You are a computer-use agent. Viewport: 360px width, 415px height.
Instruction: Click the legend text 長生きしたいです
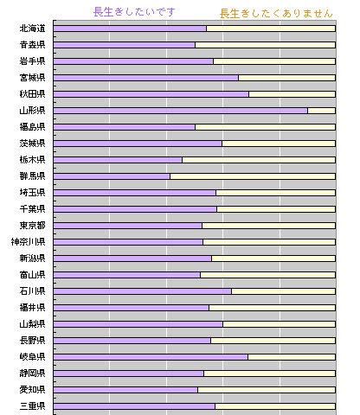point(134,12)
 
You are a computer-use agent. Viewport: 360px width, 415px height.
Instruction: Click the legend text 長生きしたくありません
point(276,14)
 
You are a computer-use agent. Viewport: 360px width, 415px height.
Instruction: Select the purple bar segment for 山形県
point(181,111)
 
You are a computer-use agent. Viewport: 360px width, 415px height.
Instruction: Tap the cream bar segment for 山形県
point(322,111)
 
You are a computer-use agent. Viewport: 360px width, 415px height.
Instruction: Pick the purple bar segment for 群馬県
point(112,176)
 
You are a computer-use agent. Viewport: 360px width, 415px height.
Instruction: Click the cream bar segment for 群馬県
point(253,176)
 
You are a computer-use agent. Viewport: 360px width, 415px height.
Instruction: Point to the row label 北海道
point(32,29)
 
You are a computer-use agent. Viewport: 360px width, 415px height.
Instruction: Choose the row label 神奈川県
point(28,242)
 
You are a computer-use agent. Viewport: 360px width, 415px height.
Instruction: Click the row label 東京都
point(32,226)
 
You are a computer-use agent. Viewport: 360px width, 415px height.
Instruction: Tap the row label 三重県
point(32,406)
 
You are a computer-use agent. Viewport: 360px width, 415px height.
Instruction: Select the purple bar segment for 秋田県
point(151,94)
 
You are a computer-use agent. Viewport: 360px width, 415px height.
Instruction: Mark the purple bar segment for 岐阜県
point(151,357)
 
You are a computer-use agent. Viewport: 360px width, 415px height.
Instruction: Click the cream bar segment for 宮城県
point(287,78)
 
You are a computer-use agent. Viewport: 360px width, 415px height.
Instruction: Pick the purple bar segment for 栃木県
point(118,160)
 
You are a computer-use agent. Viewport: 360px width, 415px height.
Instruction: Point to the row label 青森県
point(32,45)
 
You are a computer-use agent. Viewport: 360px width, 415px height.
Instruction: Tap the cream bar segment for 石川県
point(284,291)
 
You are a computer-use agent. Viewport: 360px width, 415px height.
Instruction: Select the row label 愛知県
point(32,390)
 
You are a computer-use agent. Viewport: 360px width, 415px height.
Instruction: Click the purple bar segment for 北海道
point(130,29)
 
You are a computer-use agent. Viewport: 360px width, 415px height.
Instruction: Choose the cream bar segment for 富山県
point(268,275)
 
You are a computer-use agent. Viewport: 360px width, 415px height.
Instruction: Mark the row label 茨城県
point(32,144)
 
